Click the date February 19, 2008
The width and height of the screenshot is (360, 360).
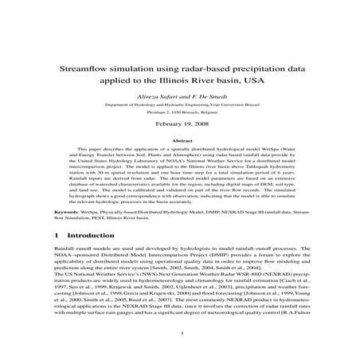(x=179, y=125)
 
